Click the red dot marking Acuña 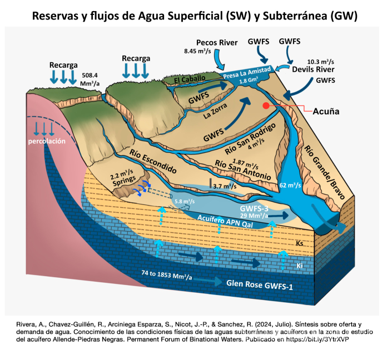pyautogui.click(x=266, y=105)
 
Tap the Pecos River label pyautogui.click(x=217, y=42)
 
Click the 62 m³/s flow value pyautogui.click(x=290, y=184)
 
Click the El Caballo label pyautogui.click(x=190, y=79)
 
